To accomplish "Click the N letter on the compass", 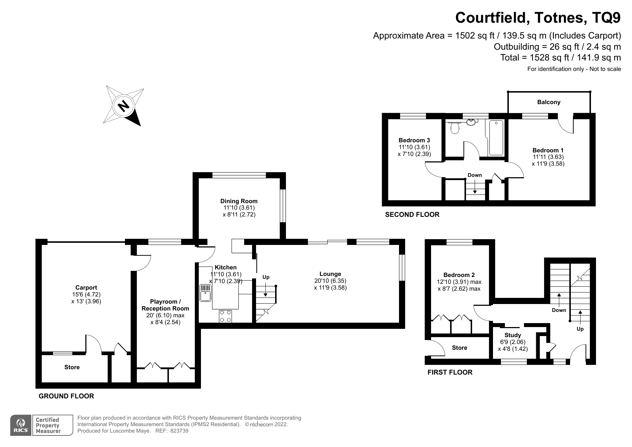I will pyautogui.click(x=124, y=106).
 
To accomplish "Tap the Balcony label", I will pyautogui.click(x=548, y=102).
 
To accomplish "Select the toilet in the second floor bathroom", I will pyautogui.click(x=455, y=127).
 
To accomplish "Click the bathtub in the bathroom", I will pyautogui.click(x=496, y=138).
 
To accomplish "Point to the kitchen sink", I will pyautogui.click(x=205, y=293).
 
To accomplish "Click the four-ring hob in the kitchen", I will pyautogui.click(x=225, y=316).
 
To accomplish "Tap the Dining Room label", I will pyautogui.click(x=239, y=201).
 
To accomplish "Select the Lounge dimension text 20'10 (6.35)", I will pyautogui.click(x=330, y=281).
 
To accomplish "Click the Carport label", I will pyautogui.click(x=86, y=287).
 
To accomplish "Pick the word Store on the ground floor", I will pyautogui.click(x=72, y=367).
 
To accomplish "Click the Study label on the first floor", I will pyautogui.click(x=512, y=335).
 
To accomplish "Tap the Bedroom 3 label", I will pyautogui.click(x=414, y=140).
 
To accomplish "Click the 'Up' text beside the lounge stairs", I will pyautogui.click(x=266, y=277).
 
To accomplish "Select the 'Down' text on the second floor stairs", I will pyautogui.click(x=474, y=175).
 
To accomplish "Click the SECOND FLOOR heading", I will pyautogui.click(x=412, y=215).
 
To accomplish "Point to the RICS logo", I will pyautogui.click(x=21, y=425).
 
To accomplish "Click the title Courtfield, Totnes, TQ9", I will pyautogui.click(x=538, y=18).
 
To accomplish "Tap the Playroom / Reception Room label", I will pyautogui.click(x=165, y=305).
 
